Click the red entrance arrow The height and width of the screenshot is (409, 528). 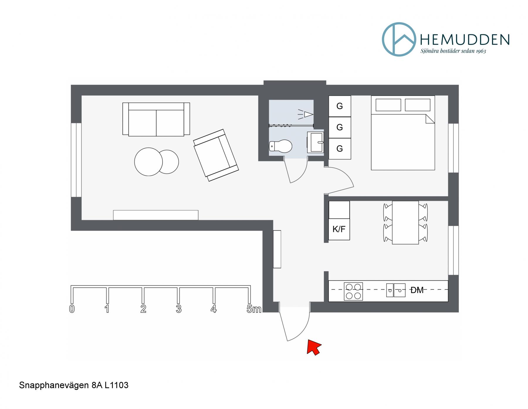313,347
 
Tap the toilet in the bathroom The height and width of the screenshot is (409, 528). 280,146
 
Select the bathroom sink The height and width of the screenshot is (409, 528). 315,142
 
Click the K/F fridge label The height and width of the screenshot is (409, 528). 339,229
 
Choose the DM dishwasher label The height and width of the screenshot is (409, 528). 417,290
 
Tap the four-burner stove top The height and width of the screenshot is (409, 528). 353,291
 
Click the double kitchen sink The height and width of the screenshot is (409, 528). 395,290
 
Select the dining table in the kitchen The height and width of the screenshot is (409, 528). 405,222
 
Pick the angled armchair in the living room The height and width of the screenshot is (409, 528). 216,155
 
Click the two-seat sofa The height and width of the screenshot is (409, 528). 156,119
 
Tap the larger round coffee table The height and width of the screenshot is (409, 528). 148,162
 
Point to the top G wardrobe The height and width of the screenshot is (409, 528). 340,106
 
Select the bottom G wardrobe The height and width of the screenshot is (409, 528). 340,149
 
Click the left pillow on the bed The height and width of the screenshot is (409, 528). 388,105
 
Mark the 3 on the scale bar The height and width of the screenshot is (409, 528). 179,309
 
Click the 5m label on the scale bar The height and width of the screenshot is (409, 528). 254,309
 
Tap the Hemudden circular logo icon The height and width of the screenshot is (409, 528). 399,39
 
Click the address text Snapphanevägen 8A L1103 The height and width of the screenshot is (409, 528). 74,385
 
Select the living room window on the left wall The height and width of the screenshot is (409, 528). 76,160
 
